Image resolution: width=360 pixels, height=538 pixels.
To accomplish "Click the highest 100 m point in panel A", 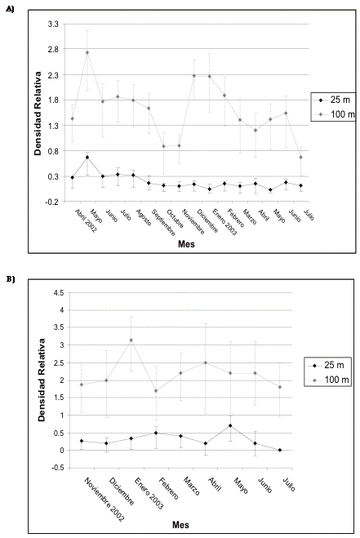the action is coord(87,52).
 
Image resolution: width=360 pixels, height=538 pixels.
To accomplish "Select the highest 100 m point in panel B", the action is coord(131,340).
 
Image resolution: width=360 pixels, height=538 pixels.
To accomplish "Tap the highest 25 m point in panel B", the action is coord(230,425).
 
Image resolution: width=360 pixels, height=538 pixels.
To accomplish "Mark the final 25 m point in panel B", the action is coord(280,450).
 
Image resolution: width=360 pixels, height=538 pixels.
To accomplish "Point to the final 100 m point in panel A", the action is coord(300,157).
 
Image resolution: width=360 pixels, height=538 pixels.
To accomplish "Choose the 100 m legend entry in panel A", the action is coord(334,114).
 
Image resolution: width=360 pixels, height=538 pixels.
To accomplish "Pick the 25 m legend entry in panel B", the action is coord(327,365).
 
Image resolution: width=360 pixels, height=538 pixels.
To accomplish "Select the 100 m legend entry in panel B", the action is coord(328,380).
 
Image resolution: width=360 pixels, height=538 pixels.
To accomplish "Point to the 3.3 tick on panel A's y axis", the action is coord(53,24).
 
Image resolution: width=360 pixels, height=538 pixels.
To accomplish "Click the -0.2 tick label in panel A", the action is coord(51,202).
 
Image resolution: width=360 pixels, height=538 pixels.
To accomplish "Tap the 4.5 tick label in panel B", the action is coord(58,292).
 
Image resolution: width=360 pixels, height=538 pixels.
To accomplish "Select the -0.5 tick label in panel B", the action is coord(56,468).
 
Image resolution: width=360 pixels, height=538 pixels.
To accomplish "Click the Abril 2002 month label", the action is coord(87,221).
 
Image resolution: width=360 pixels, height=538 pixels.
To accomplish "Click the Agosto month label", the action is coord(144,217).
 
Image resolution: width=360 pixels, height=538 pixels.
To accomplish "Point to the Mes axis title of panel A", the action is coord(186,244).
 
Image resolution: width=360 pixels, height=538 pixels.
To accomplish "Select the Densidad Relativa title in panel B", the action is coord(42,380).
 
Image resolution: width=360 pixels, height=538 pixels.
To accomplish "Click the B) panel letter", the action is coord(11,279).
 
